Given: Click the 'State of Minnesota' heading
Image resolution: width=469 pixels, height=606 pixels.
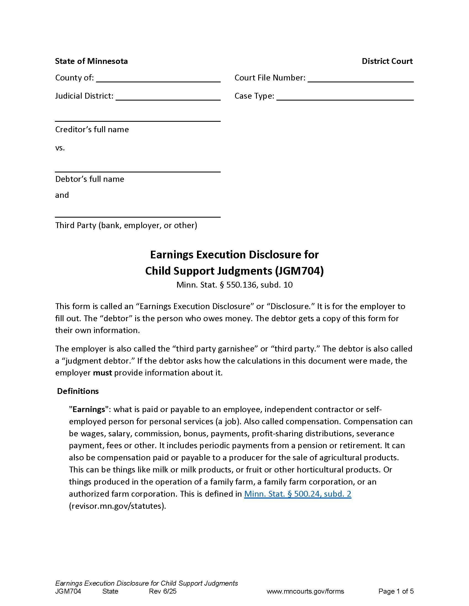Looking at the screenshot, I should (91, 61).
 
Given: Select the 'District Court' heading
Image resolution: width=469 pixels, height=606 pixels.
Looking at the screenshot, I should (387, 61).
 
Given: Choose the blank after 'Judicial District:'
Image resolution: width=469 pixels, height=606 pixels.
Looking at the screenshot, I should (168, 97).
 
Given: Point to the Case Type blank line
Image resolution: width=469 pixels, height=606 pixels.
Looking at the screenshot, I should (345, 97).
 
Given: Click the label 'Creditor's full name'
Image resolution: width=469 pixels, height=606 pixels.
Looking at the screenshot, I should (92, 129).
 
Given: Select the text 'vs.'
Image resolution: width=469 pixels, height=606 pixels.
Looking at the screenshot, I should (60, 148).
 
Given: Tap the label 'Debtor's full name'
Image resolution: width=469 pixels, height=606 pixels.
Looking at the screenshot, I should (89, 179).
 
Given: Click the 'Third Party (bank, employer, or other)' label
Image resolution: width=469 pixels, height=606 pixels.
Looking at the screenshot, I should (126, 225).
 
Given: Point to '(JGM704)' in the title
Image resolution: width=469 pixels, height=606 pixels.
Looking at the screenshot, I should (299, 271).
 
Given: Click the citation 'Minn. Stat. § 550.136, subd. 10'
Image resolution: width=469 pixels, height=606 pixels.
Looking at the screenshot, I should (234, 285).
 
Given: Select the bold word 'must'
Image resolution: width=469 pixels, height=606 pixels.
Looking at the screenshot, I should (102, 373).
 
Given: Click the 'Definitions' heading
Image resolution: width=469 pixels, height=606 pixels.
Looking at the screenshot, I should (78, 391).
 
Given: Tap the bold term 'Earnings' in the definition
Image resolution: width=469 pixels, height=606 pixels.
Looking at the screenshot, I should (89, 410).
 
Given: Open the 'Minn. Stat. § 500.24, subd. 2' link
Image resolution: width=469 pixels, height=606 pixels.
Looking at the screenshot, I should (298, 494).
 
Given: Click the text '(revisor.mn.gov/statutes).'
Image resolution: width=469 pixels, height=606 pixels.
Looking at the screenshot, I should (117, 506).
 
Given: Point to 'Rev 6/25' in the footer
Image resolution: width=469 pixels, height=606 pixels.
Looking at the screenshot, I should (162, 591).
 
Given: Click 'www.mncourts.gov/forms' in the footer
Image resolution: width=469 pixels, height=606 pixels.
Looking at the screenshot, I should (305, 591).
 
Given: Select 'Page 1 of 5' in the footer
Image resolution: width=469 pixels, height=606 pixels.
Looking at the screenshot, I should (396, 591).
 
